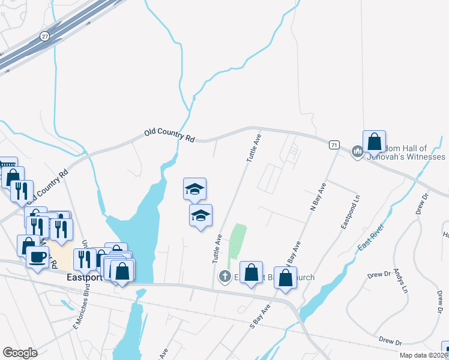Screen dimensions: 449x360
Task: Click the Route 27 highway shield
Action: [44, 36]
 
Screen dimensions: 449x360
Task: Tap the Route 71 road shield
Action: [334, 145]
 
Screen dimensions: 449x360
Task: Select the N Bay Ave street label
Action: [318, 196]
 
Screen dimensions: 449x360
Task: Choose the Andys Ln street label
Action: [401, 280]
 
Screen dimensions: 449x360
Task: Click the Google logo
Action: [20, 353]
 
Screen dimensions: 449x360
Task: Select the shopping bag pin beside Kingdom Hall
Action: [374, 143]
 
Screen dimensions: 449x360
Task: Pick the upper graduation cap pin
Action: [194, 190]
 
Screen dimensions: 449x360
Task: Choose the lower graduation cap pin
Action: [200, 216]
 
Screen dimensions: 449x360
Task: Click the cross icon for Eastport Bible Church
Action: [225, 277]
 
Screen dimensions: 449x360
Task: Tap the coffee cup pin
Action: [37, 257]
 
